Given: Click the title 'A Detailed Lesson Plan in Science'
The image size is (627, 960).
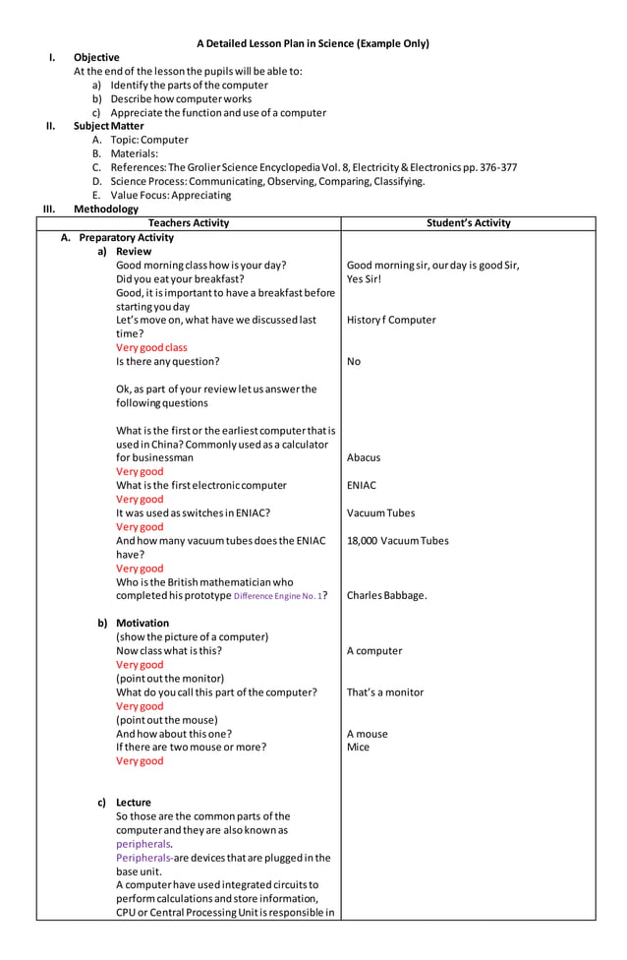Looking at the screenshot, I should (313, 43).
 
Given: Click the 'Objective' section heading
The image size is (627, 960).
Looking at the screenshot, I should (96, 58).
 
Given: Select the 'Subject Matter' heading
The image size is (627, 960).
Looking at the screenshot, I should (108, 126).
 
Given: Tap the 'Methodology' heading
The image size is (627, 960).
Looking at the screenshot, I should (105, 209).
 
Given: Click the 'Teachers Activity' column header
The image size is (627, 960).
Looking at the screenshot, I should (189, 223).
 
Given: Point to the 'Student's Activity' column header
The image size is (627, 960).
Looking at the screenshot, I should (469, 223).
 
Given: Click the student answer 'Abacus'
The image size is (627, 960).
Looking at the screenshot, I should (364, 457).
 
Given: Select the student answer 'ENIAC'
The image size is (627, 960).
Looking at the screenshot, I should (362, 485).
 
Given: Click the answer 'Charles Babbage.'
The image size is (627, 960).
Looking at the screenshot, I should (387, 595).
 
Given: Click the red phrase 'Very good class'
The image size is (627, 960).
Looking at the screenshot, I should (151, 347).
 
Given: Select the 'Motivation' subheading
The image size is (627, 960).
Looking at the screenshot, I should (142, 623).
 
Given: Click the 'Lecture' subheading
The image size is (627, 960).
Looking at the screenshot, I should (134, 802).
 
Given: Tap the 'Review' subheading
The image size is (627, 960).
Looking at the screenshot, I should (134, 251).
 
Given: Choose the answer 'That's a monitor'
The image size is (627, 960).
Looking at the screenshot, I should (385, 691).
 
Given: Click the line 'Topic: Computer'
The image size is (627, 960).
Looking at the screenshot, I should (149, 140).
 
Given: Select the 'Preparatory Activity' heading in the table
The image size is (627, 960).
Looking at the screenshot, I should (126, 237).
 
